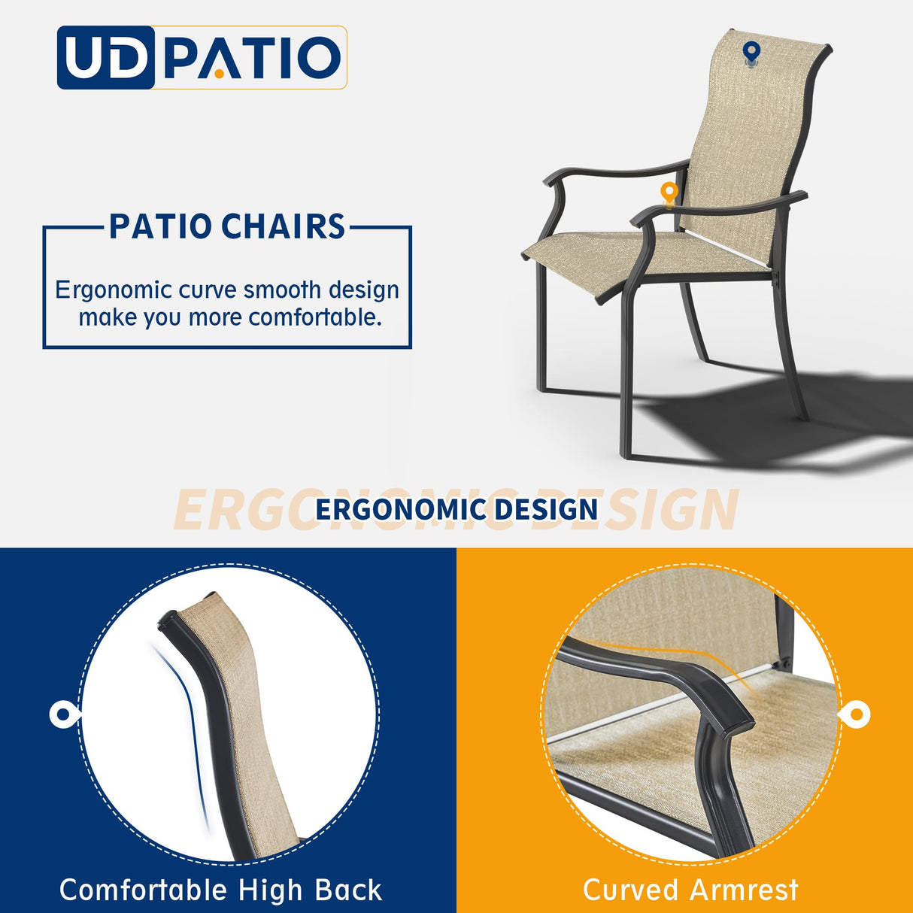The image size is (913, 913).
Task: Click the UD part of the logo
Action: click(105, 58)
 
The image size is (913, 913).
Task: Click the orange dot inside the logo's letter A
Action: click(219, 74)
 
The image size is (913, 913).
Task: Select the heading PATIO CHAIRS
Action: click(227, 226)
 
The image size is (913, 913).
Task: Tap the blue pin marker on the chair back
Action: click(751, 53)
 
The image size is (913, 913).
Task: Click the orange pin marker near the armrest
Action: click(669, 193)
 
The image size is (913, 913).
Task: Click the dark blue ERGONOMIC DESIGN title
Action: click(456, 509)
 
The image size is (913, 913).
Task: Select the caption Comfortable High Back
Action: click(221, 890)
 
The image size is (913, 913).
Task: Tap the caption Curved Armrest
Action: click(690, 890)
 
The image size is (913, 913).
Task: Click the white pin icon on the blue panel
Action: click(63, 714)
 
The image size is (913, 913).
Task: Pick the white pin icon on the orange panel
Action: click(856, 714)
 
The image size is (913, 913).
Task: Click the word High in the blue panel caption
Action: click(271, 890)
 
